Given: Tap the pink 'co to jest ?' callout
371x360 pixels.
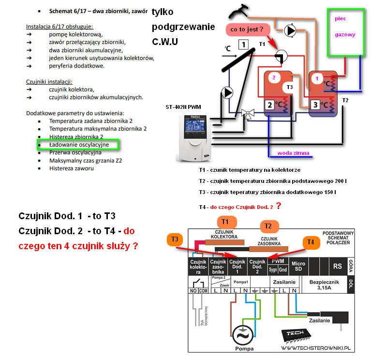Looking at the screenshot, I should pyautogui.click(x=247, y=30).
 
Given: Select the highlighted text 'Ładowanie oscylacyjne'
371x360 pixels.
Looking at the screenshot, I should pyautogui.click(x=79, y=144).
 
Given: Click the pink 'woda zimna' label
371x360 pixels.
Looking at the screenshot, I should pyautogui.click(x=293, y=153).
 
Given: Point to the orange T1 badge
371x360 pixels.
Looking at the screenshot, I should pyautogui.click(x=223, y=222).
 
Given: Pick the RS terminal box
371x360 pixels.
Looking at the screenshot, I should pyautogui.click(x=337, y=266).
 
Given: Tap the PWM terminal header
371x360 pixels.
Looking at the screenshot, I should pyautogui.click(x=279, y=261).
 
